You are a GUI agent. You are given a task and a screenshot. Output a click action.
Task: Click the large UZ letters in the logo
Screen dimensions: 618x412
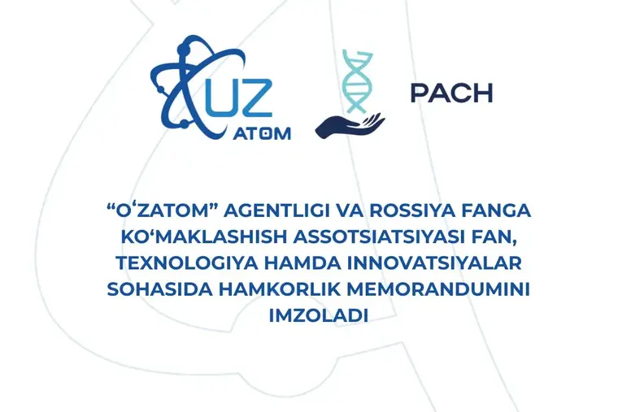pyautogui.click(x=239, y=98)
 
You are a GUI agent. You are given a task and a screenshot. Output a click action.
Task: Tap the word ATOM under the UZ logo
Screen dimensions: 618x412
pyautogui.click(x=262, y=134)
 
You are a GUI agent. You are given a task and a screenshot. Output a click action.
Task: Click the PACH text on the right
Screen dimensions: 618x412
pyautogui.click(x=451, y=93)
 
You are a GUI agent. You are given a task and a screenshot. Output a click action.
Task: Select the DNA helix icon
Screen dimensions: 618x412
pyautogui.click(x=358, y=81)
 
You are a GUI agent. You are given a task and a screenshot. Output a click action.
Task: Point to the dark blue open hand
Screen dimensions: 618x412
pyautogui.click(x=349, y=126)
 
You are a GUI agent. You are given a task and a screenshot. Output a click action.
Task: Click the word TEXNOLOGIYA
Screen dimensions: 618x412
pyautogui.click(x=185, y=263)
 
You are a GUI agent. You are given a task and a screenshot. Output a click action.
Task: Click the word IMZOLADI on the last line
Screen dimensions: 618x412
pyautogui.click(x=319, y=316)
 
